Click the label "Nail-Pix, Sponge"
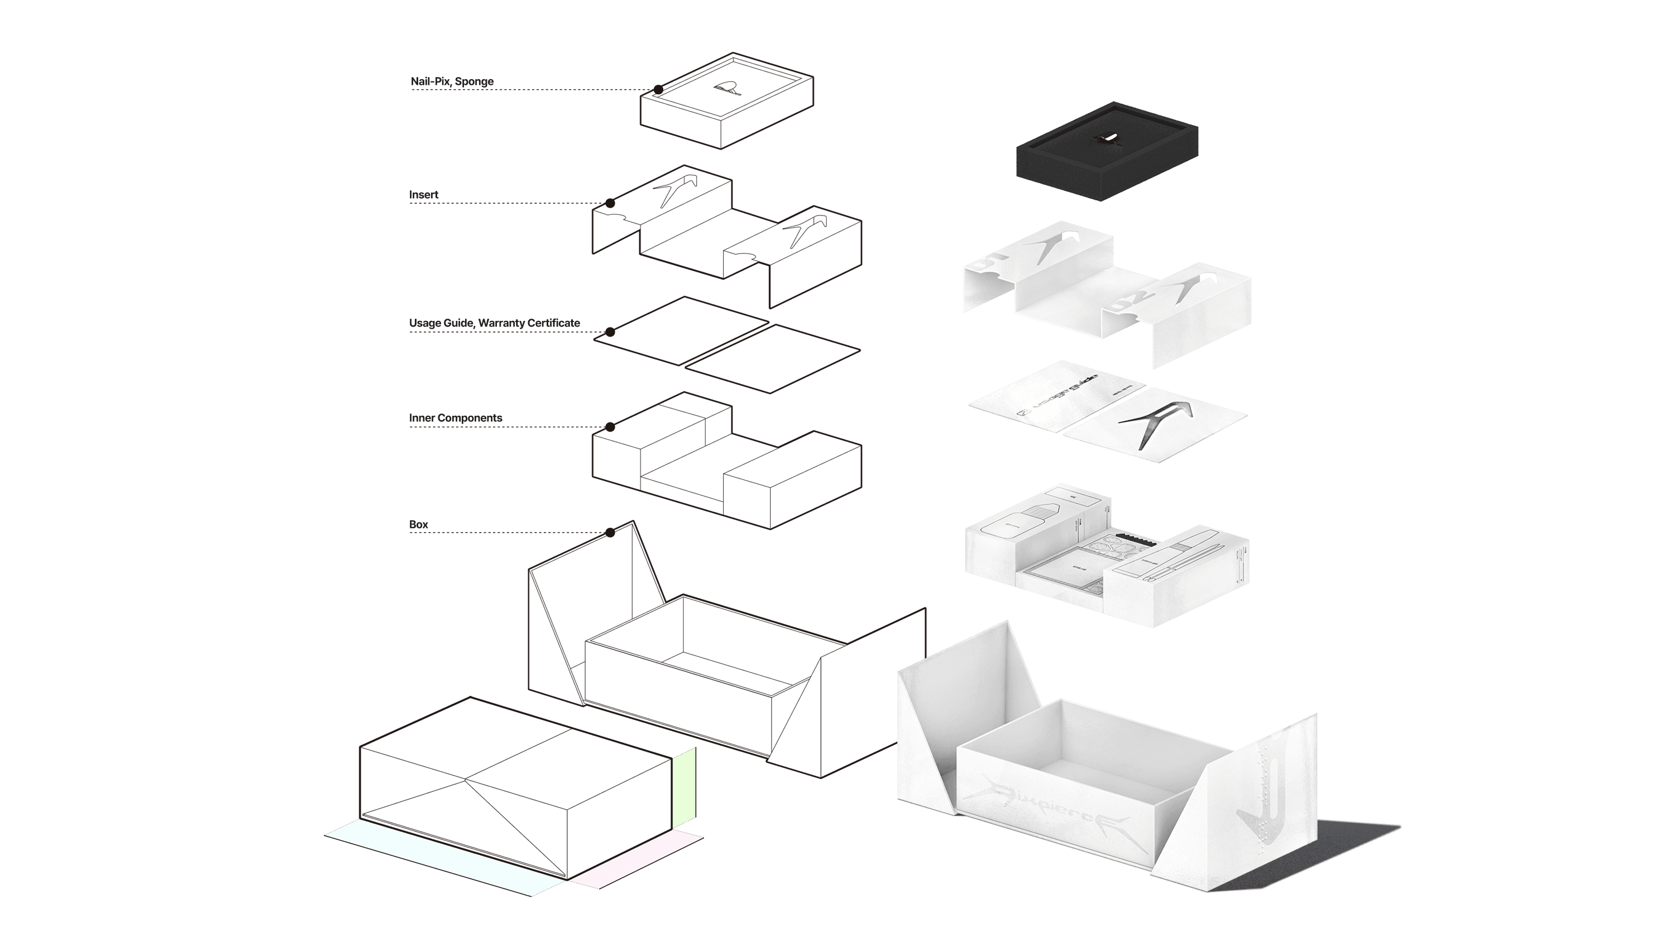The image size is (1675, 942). pos(452,81)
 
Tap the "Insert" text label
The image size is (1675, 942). pos(423,194)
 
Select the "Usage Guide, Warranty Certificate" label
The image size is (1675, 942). pos(494,323)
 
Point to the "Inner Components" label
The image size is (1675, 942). pos(455,417)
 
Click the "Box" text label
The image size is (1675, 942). pos(418,524)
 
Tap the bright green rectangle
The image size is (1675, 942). pos(683,787)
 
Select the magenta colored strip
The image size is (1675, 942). pos(636,858)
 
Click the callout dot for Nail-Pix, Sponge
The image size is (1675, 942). pos(659,90)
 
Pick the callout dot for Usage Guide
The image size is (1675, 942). pos(610,332)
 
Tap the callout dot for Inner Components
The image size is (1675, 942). pos(610,427)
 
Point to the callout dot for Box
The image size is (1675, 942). pos(610,533)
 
